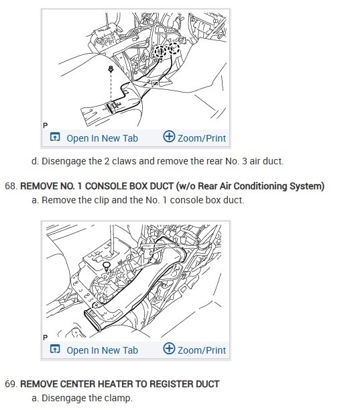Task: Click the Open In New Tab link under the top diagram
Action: click(x=102, y=138)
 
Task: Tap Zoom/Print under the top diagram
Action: click(x=202, y=138)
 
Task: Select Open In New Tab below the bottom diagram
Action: click(x=102, y=350)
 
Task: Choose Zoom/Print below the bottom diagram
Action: click(x=202, y=350)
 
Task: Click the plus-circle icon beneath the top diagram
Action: click(x=169, y=136)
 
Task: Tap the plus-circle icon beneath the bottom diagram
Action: click(x=169, y=348)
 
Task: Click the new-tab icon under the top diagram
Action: click(x=55, y=137)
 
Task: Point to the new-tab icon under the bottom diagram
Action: click(x=55, y=349)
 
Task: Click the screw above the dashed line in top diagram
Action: click(x=111, y=69)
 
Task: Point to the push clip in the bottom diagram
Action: click(x=106, y=266)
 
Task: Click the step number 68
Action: click(x=11, y=186)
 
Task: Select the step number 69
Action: click(x=11, y=384)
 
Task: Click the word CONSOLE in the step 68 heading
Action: click(x=106, y=186)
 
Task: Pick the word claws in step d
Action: click(x=124, y=161)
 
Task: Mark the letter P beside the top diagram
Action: click(x=46, y=125)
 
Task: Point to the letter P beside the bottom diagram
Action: click(x=46, y=338)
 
